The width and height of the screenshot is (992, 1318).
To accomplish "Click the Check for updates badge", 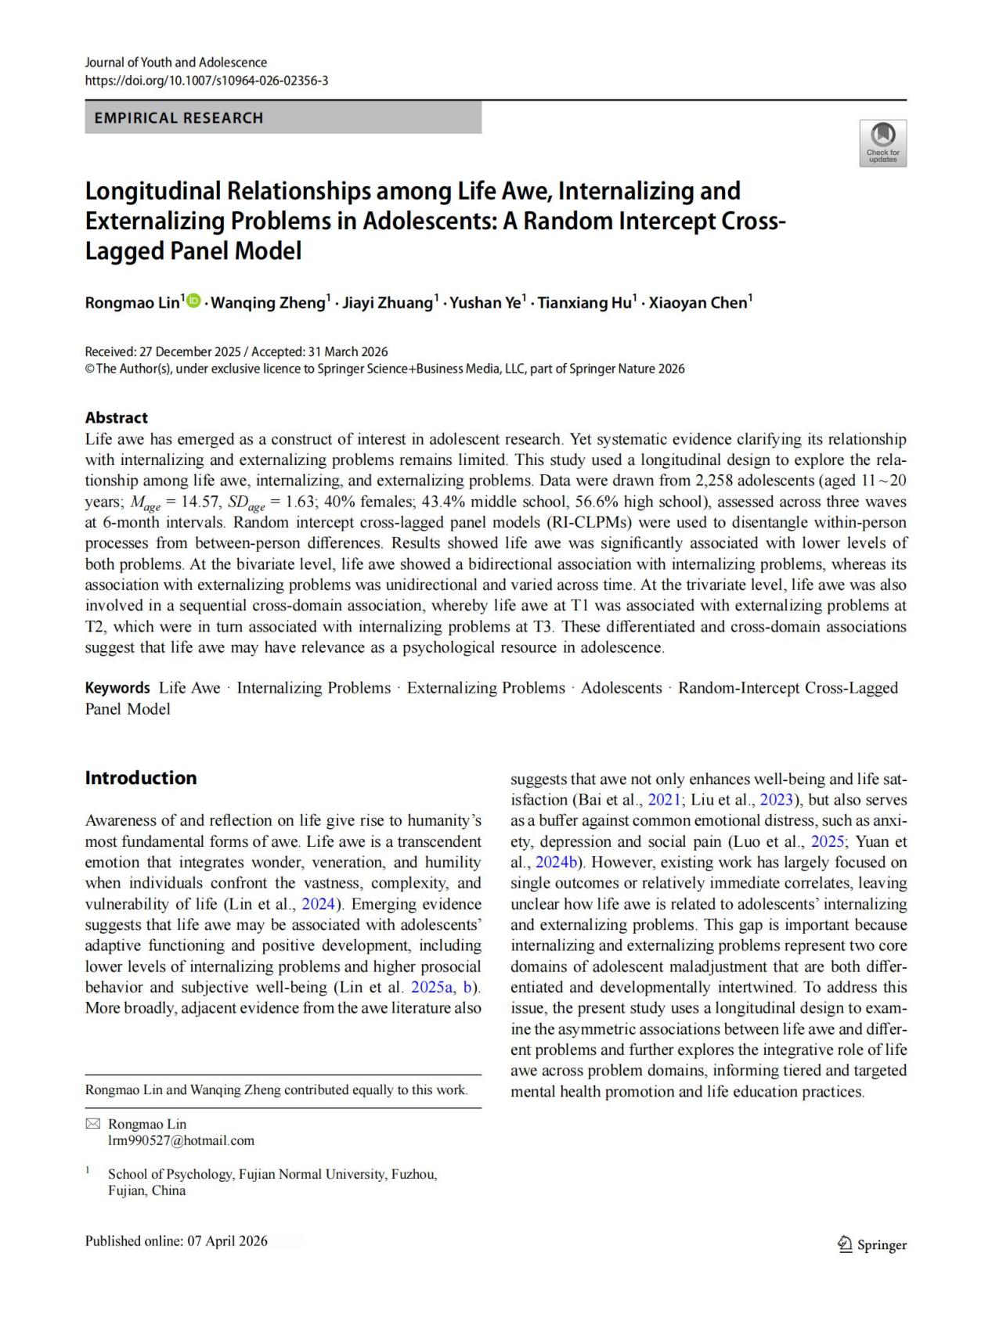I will tap(882, 142).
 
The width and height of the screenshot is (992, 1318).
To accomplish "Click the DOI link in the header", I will tap(207, 81).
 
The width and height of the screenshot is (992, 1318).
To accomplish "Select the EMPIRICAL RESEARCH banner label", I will tap(179, 118).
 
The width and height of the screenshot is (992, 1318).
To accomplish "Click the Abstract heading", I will tap(116, 417).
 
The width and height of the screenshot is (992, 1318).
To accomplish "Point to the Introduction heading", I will tap(141, 778).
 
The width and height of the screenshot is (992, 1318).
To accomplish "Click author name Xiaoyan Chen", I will tap(698, 303).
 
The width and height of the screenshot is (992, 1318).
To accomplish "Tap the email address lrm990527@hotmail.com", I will tap(181, 1140).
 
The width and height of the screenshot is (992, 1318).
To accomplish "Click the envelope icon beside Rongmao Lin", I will tap(92, 1124).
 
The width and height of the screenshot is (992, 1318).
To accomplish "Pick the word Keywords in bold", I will tap(117, 688).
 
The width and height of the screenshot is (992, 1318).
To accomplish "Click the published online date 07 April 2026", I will tap(226, 1241).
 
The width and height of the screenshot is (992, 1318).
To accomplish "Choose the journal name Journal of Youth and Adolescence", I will tap(176, 63).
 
